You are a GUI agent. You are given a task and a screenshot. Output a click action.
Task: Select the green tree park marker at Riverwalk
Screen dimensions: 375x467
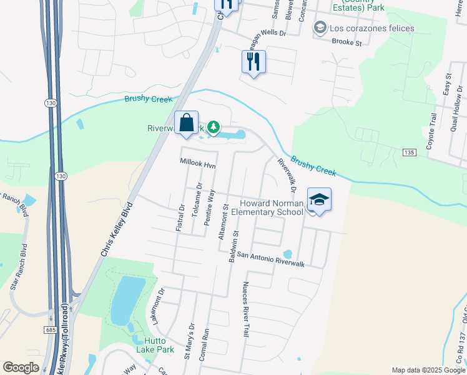coord(214,127)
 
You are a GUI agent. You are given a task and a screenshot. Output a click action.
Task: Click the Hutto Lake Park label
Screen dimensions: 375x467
coord(155,349)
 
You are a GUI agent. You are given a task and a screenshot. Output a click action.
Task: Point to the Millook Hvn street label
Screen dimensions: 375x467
coord(197,164)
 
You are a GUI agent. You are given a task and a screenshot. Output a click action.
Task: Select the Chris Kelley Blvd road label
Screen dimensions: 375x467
coord(116,229)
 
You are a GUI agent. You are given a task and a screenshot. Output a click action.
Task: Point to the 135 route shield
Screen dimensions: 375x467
coord(409,152)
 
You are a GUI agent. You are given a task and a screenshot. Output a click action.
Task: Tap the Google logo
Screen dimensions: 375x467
coord(21,367)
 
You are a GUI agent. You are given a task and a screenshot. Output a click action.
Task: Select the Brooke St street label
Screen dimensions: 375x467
coord(347,43)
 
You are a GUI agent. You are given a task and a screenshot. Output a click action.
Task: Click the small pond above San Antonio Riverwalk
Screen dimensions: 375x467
coord(287,254)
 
